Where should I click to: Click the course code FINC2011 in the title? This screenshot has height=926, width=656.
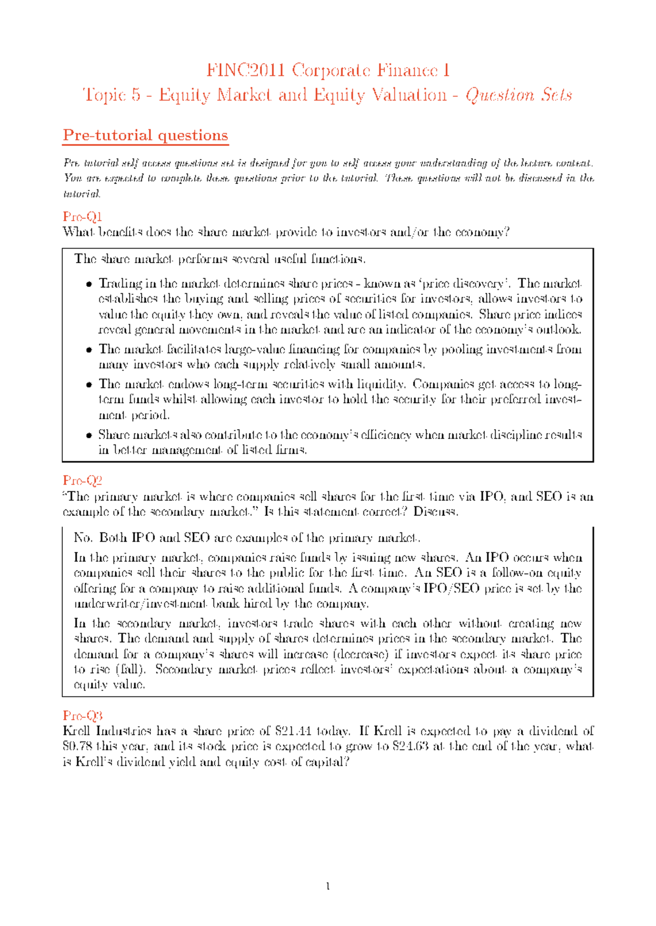click(245, 70)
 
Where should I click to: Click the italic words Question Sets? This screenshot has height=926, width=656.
click(518, 96)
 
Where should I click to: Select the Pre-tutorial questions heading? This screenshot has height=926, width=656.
click(145, 135)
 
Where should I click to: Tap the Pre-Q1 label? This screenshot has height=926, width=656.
click(82, 217)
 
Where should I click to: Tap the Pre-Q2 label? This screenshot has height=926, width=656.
click(82, 480)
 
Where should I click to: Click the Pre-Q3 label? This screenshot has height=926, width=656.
click(83, 716)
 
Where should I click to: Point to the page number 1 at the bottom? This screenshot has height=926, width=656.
click(327, 887)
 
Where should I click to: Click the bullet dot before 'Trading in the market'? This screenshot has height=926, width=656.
click(89, 284)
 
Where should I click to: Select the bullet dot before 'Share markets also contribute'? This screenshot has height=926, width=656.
click(89, 435)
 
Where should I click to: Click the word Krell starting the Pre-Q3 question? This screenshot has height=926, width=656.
click(77, 731)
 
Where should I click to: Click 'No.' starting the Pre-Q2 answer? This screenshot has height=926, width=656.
click(83, 538)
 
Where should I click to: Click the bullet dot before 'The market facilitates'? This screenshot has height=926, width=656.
click(89, 350)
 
